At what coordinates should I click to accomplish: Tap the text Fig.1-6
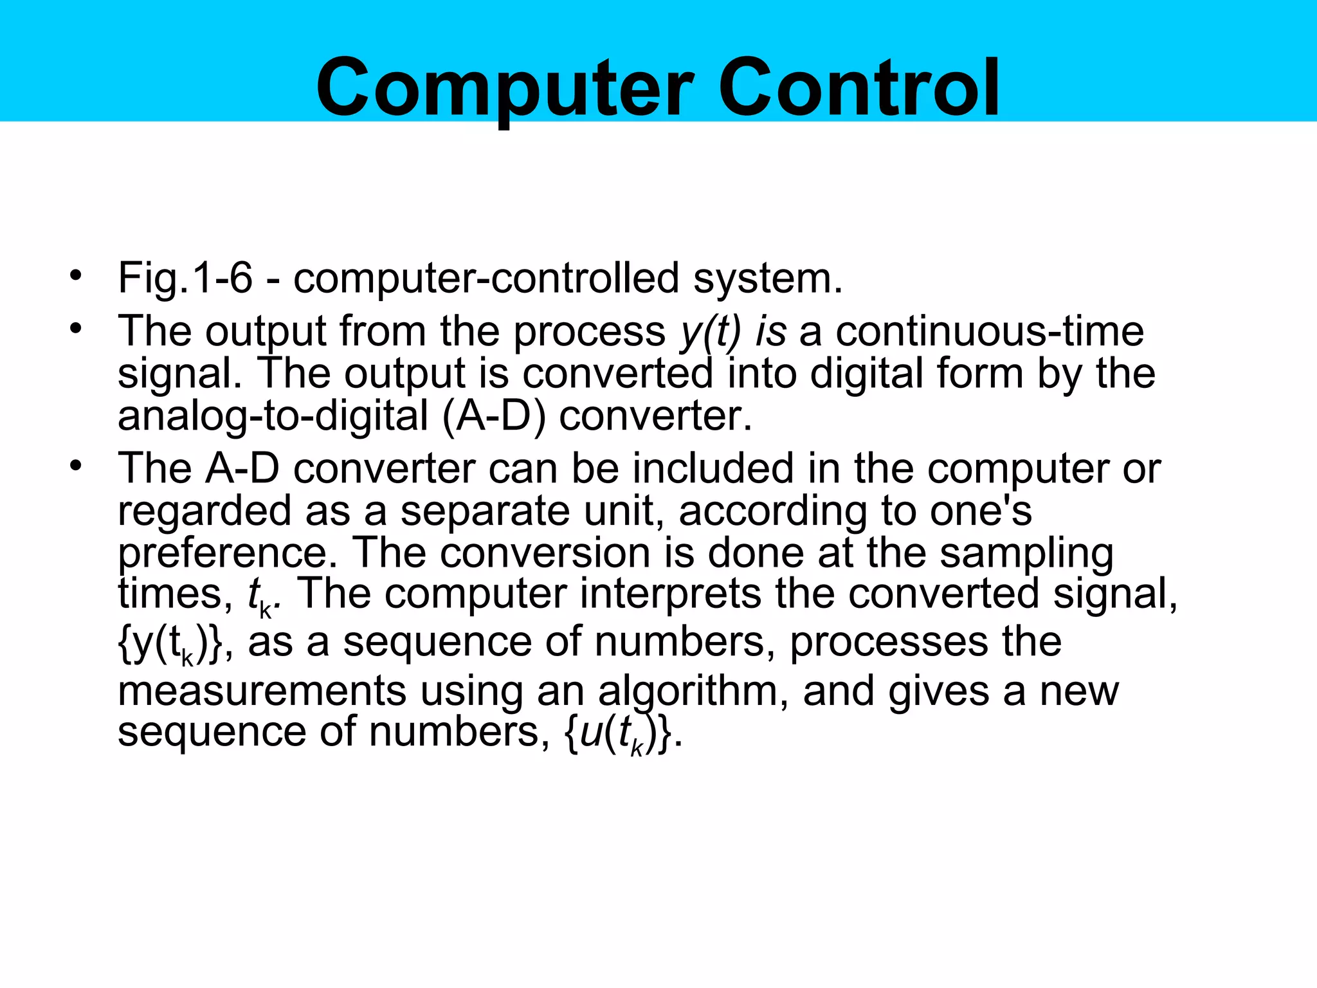coord(185,279)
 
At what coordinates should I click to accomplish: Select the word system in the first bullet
coord(767,279)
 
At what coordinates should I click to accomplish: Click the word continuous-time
coord(990,331)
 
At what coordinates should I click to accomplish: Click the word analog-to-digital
coord(273,416)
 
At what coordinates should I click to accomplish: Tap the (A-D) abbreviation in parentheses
coord(494,416)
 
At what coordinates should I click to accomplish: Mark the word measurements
coord(262,691)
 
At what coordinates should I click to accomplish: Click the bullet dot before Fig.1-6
coord(77,276)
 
